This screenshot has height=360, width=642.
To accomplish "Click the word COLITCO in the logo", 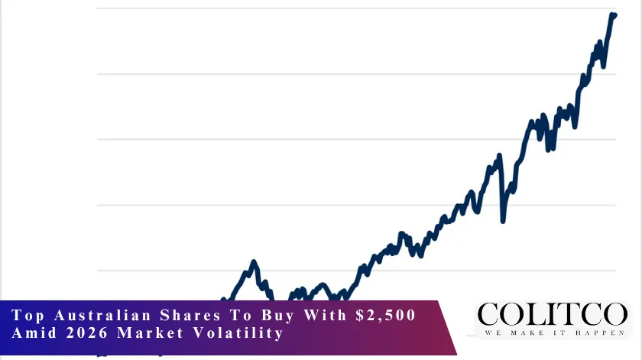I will (551, 315).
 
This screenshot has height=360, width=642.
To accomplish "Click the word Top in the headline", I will (28, 316).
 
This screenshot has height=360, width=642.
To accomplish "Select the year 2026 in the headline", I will (85, 334).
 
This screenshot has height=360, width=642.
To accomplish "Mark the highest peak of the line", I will (613, 15).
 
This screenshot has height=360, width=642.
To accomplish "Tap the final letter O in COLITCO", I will (614, 315).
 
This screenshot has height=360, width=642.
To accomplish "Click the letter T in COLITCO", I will (559, 315).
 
